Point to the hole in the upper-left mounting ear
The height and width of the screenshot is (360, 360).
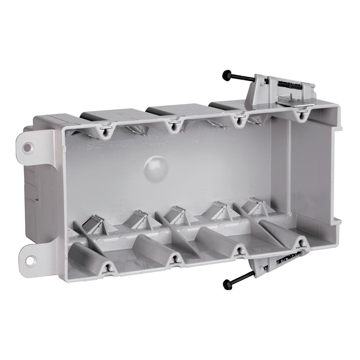tap(28, 147)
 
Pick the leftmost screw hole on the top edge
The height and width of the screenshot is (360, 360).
tap(105, 132)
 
